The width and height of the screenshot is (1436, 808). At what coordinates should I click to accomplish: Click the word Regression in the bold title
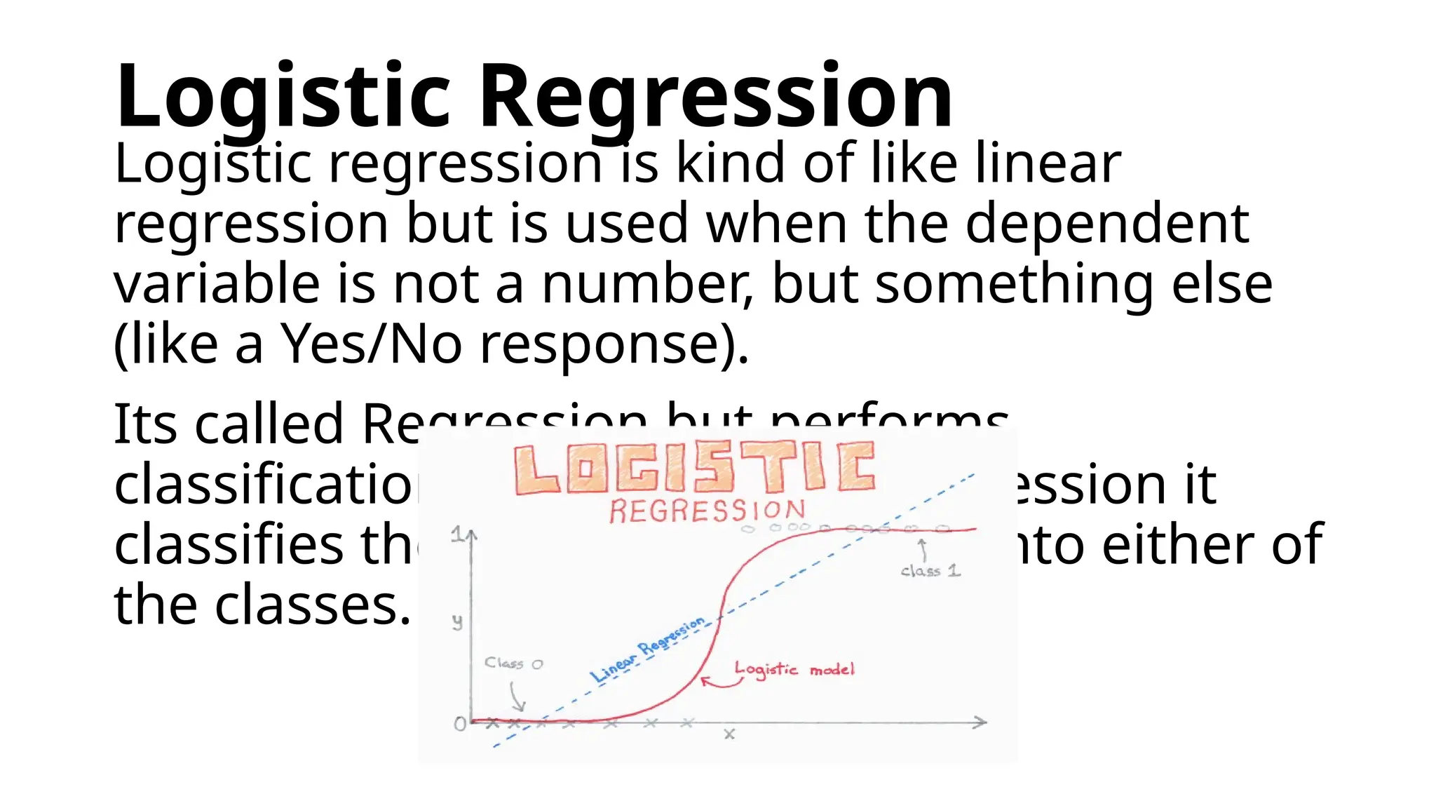click(715, 96)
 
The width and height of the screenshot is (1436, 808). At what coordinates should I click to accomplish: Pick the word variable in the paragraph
click(217, 283)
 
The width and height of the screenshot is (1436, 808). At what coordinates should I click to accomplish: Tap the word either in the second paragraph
click(1177, 544)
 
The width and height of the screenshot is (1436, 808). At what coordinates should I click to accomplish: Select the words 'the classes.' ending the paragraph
click(262, 605)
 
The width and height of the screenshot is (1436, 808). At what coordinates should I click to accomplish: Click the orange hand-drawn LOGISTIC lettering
click(694, 468)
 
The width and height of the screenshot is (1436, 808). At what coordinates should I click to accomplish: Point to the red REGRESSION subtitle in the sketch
click(707, 511)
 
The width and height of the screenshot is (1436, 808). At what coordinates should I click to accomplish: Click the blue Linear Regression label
click(646, 649)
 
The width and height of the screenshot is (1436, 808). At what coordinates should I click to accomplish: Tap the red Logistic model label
click(794, 669)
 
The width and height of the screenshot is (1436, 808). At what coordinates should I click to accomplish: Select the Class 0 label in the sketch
click(513, 664)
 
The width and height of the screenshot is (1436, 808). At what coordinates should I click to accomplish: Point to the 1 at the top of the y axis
click(456, 535)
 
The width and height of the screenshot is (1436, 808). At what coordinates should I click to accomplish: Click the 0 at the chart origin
click(460, 724)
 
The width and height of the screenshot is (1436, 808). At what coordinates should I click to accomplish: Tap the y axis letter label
click(457, 622)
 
